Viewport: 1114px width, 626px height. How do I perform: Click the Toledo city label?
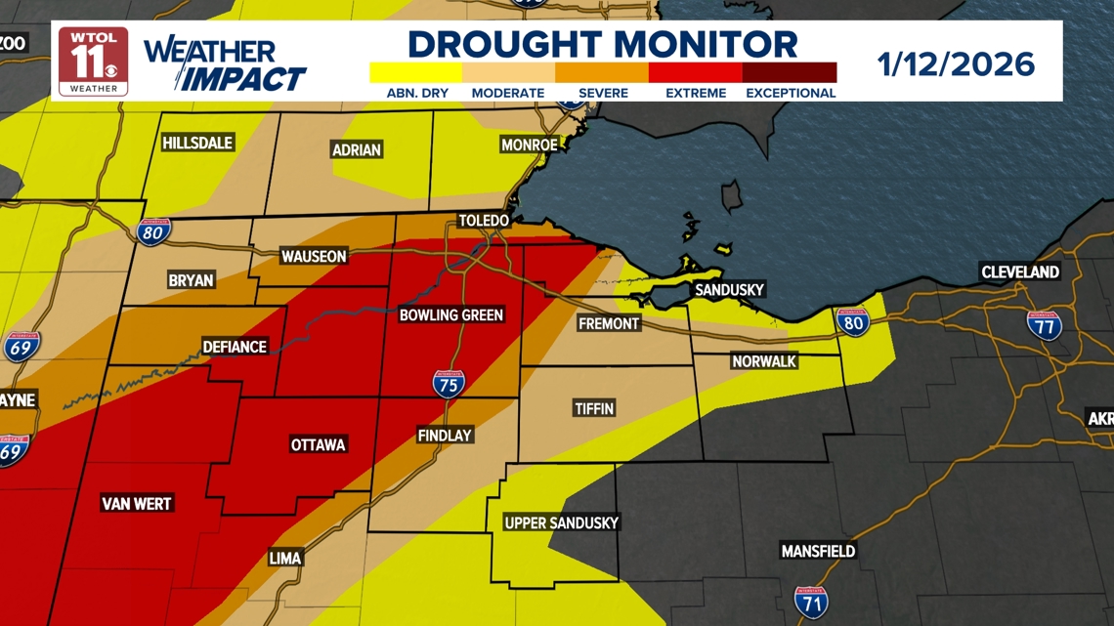(x=484, y=221)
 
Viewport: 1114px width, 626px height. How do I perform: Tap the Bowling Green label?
(x=451, y=314)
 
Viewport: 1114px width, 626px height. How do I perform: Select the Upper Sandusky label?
(x=561, y=522)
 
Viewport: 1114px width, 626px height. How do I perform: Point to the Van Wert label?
(x=137, y=504)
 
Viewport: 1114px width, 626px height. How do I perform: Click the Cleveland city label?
(x=1020, y=271)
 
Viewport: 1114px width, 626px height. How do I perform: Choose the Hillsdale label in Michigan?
(x=197, y=143)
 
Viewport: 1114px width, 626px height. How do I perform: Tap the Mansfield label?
(x=818, y=551)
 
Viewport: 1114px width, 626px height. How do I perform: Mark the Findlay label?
(x=445, y=436)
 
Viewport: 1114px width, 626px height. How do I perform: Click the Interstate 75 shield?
(x=449, y=383)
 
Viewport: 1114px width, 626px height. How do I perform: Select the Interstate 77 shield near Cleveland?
(x=1045, y=324)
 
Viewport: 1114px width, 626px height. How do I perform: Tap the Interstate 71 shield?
(x=811, y=603)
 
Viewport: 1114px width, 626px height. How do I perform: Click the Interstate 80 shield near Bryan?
(x=151, y=231)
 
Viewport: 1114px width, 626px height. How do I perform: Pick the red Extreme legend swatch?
(x=695, y=72)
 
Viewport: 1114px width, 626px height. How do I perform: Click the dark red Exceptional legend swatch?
(x=790, y=72)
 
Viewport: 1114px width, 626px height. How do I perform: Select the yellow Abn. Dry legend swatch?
(x=415, y=72)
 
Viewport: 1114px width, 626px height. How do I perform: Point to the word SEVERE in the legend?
(x=603, y=93)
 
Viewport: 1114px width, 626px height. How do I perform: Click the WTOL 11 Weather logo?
(x=94, y=61)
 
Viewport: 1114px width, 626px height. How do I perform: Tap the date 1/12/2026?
(x=956, y=64)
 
